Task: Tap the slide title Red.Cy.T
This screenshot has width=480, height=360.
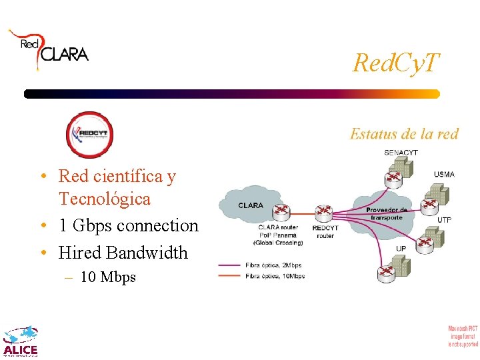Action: pyautogui.click(x=395, y=63)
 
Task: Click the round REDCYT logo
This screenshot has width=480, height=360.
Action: pyautogui.click(x=90, y=134)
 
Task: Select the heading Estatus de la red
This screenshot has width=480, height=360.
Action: pyautogui.click(x=404, y=134)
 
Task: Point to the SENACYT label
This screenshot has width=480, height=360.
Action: pyautogui.click(x=401, y=153)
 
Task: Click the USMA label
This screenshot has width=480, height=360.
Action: pyautogui.click(x=444, y=175)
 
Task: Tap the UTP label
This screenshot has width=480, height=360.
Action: pyautogui.click(x=444, y=219)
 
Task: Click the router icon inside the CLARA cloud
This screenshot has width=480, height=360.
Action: pyautogui.click(x=282, y=213)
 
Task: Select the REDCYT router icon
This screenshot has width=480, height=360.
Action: pyautogui.click(x=325, y=213)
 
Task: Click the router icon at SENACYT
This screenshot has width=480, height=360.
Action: pyautogui.click(x=393, y=177)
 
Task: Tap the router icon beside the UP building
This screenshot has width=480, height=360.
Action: pyautogui.click(x=385, y=273)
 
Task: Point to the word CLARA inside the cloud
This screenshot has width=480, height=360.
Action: pyautogui.click(x=251, y=205)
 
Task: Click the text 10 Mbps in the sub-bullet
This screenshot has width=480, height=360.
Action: pyautogui.click(x=107, y=277)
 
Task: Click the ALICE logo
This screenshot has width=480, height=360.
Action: pyautogui.click(x=21, y=341)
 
